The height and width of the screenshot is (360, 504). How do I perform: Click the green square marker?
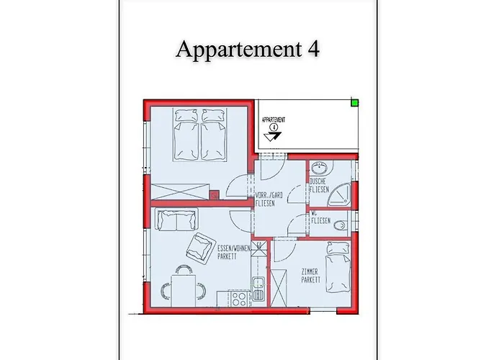355,102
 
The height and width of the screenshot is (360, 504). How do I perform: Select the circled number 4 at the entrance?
274,127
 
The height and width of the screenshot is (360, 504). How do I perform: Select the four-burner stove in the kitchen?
238,295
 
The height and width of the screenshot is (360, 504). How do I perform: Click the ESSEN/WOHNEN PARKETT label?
231,252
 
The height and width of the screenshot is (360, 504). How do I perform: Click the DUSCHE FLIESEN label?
319,186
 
